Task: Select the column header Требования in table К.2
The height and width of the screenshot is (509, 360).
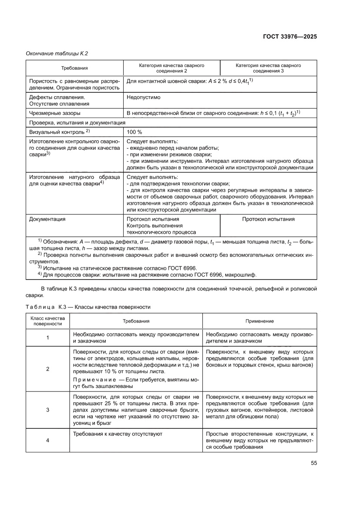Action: click(x=74, y=68)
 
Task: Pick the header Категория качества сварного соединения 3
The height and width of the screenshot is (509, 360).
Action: click(x=268, y=68)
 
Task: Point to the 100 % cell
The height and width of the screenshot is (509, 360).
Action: click(x=134, y=132)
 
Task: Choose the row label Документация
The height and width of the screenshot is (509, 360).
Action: click(x=47, y=219)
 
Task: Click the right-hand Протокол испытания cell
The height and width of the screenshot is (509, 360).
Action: click(x=268, y=219)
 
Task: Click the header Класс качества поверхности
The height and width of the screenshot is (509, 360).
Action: click(x=47, y=321)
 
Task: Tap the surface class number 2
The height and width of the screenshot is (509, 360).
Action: click(x=47, y=369)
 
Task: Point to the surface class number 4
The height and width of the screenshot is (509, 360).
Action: click(x=47, y=440)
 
